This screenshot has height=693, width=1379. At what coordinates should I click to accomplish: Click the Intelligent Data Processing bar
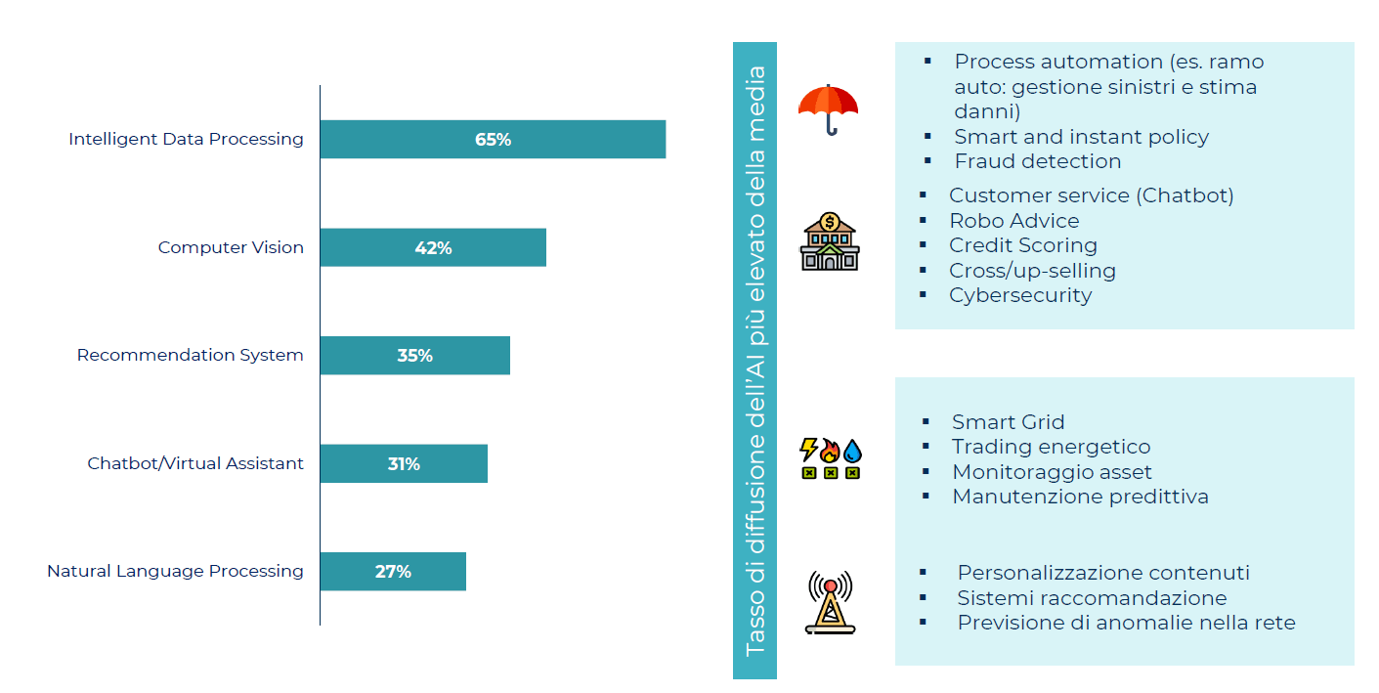point(493,139)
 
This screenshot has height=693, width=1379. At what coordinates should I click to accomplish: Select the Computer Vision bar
point(433,247)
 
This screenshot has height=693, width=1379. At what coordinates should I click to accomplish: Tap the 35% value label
point(414,356)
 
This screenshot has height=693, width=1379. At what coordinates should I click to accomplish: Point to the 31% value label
point(404,463)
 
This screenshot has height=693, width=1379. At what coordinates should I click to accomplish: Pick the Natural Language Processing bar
point(393,571)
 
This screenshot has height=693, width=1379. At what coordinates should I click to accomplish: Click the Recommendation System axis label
point(190,355)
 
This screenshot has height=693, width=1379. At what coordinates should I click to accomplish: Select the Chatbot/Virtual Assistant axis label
point(195,463)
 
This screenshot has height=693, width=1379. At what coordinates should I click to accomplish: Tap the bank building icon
point(829,241)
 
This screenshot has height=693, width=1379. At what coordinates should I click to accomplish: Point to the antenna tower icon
point(830,602)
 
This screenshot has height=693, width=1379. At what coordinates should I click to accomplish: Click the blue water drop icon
point(853,450)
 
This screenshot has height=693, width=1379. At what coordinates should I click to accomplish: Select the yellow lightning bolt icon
point(808,450)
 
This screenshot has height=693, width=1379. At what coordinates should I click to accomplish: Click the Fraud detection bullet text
point(1037,161)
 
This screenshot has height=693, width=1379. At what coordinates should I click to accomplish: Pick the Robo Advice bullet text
point(1013,220)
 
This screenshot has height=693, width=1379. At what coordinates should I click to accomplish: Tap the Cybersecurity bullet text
point(1019,295)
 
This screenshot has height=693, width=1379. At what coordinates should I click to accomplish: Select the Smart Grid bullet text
point(1008,422)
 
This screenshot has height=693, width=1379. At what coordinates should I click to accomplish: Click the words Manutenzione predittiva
point(1080,497)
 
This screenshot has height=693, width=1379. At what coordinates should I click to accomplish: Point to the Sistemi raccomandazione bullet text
point(1092,598)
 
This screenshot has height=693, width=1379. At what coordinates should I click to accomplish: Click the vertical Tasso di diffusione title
point(754,361)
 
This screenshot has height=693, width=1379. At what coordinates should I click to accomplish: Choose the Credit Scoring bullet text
point(1022,245)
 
